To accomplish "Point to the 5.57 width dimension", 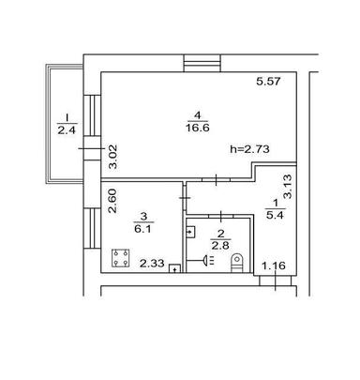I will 270,84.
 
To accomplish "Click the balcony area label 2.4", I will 66,130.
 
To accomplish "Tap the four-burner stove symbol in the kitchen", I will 120,256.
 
